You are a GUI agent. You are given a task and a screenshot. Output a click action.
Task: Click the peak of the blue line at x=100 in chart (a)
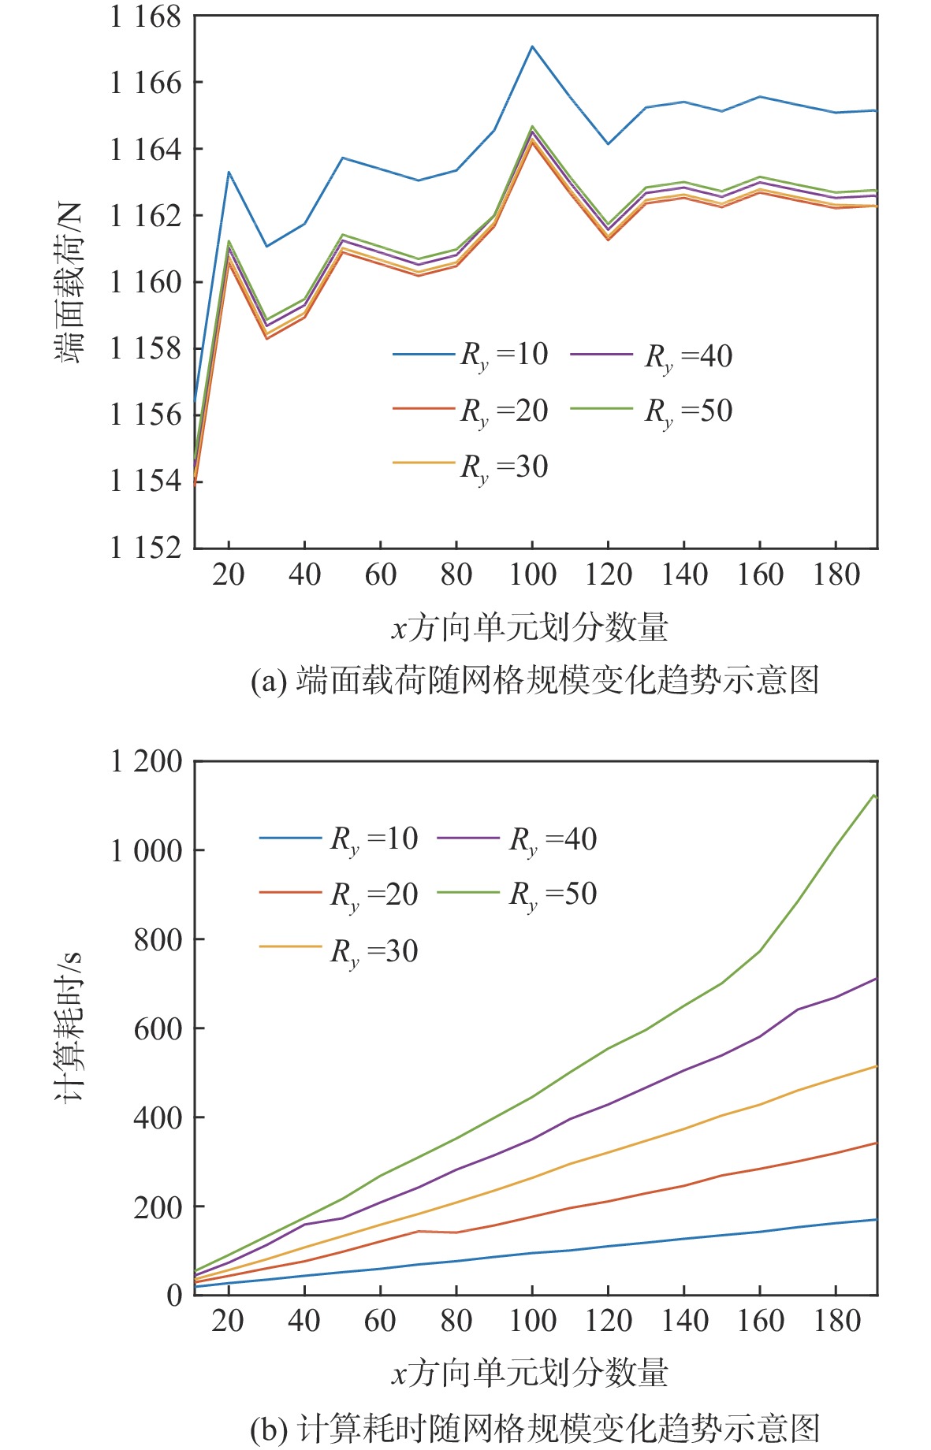point(532,46)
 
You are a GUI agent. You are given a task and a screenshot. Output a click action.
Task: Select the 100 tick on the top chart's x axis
point(532,574)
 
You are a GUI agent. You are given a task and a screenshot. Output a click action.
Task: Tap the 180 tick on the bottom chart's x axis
point(836,1321)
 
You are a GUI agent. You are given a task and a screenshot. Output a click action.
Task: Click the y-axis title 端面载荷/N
point(69,281)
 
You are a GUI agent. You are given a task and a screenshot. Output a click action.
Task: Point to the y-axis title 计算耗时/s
point(69,1028)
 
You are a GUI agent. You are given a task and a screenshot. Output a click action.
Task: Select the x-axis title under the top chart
point(530,628)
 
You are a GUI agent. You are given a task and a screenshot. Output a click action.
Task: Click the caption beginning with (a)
point(534,680)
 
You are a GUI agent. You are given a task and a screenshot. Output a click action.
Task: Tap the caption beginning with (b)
point(534,1428)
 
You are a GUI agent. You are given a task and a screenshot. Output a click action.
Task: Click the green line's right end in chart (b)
point(874,796)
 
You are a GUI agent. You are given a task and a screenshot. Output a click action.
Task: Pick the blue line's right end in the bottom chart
point(876,1220)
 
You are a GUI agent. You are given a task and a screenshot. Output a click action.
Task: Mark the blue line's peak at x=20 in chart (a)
point(229,172)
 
